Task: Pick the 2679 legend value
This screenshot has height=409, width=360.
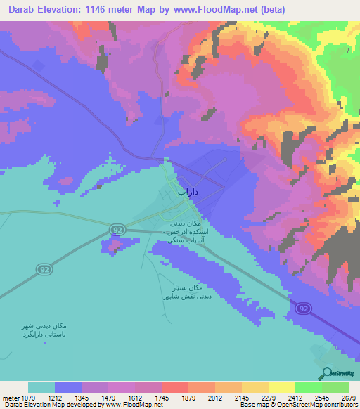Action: click(x=348, y=397)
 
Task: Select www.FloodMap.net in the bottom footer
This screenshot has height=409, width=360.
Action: click(x=134, y=405)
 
